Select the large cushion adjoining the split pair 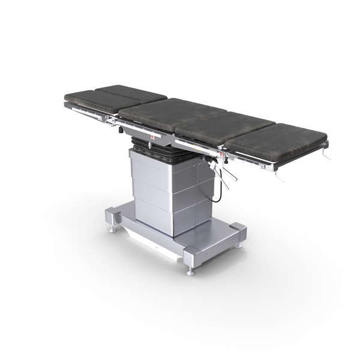click(x=171, y=111)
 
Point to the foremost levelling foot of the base click(x=191, y=271)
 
